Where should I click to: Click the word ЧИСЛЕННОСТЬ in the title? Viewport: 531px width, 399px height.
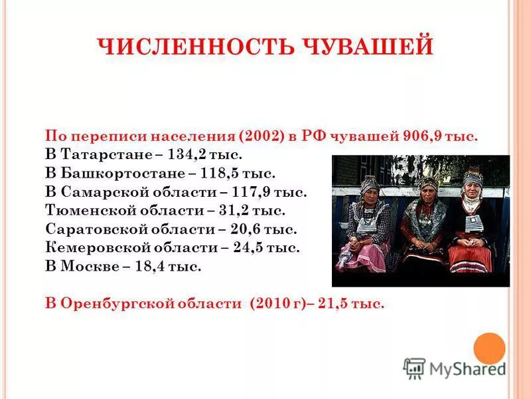point(179,47)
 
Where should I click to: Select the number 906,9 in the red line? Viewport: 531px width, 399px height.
point(423,136)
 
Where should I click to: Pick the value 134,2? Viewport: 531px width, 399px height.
point(185,155)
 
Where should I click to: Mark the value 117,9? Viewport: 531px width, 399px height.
point(251,192)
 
